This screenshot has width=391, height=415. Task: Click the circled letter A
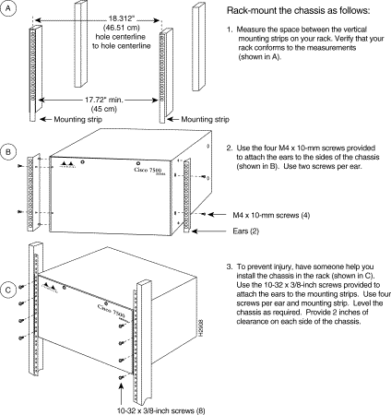(8, 8)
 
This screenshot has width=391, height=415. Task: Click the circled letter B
(8, 152)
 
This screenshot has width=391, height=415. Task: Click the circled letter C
(8, 290)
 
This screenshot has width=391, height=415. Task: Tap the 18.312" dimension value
(122, 18)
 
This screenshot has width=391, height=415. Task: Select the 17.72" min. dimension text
(104, 100)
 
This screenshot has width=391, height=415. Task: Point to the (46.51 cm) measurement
(122, 28)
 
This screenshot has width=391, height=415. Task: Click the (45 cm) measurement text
(104, 109)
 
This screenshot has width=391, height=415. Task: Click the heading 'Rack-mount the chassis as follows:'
(299, 11)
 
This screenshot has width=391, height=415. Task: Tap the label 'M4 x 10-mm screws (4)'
(271, 215)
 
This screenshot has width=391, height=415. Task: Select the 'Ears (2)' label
(246, 231)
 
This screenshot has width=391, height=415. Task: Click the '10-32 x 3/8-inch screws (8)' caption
(161, 410)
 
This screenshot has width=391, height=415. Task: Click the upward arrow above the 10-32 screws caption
(122, 394)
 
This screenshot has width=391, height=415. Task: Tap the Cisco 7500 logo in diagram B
(149, 171)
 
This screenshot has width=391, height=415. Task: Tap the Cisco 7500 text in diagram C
(111, 310)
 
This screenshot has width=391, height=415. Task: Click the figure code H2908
(201, 327)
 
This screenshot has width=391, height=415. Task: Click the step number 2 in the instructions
(230, 148)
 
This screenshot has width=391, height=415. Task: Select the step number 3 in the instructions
(230, 267)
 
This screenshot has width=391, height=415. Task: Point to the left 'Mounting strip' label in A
(78, 119)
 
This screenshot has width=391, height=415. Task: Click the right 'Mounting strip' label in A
(206, 119)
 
